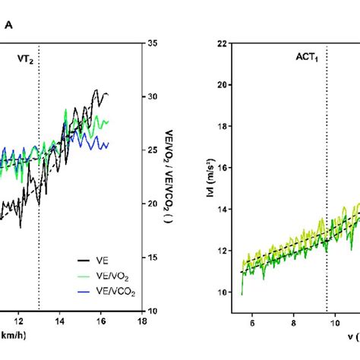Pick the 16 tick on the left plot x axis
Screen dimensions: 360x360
(101, 321)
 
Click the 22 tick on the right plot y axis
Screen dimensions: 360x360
(223, 43)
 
